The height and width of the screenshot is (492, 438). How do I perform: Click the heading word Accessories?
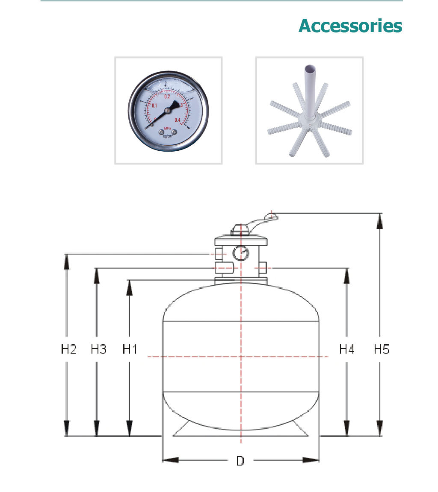click(x=350, y=26)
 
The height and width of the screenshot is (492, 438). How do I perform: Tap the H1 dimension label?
click(x=130, y=349)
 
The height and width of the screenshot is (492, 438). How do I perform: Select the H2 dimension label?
click(x=68, y=349)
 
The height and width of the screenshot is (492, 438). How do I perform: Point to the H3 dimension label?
click(x=98, y=349)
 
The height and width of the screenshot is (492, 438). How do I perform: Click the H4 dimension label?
click(x=347, y=349)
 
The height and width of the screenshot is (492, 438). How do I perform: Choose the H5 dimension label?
click(x=382, y=349)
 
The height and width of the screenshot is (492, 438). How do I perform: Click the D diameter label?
click(x=240, y=461)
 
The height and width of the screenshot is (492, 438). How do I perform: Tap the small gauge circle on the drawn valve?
click(x=240, y=253)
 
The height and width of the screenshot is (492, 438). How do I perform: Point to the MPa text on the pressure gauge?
click(x=167, y=128)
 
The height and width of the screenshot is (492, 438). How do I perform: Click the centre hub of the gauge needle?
click(x=167, y=111)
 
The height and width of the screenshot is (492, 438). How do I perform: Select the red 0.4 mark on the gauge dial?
click(x=183, y=120)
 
